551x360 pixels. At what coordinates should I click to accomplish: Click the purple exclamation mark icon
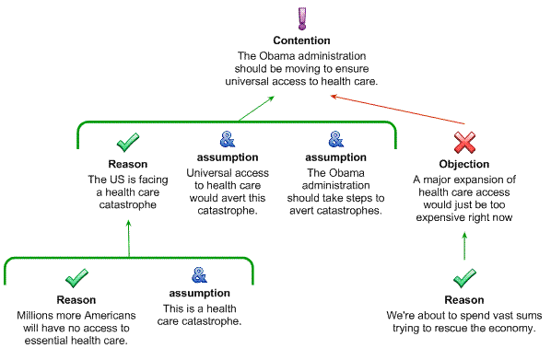click(x=302, y=18)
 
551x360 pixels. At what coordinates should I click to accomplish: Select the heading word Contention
click(x=301, y=41)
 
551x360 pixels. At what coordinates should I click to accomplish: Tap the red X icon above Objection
click(x=464, y=142)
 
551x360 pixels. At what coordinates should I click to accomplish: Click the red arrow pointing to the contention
click(x=397, y=110)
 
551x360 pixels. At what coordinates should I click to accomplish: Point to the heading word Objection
click(x=463, y=164)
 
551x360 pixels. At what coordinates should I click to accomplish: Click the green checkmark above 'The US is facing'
click(x=128, y=142)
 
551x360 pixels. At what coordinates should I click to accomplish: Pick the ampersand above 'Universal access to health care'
click(x=228, y=139)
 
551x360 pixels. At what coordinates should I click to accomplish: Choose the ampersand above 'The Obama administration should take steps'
click(x=336, y=139)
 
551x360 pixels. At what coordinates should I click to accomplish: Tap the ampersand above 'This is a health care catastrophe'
click(x=199, y=275)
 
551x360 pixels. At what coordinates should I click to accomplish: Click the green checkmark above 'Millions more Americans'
click(x=76, y=278)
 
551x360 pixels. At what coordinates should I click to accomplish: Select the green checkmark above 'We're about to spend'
click(x=464, y=278)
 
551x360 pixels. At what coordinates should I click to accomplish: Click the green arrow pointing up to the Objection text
click(x=464, y=246)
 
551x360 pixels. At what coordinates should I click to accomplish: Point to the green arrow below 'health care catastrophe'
click(x=129, y=238)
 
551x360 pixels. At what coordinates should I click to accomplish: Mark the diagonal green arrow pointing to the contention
click(x=256, y=109)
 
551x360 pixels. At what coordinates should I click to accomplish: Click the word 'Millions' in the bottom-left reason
click(x=33, y=316)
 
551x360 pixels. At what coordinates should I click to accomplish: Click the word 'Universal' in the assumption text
click(x=204, y=173)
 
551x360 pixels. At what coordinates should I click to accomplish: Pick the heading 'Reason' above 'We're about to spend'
click(x=464, y=300)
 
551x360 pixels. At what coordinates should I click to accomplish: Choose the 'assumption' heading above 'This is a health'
click(x=200, y=293)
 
